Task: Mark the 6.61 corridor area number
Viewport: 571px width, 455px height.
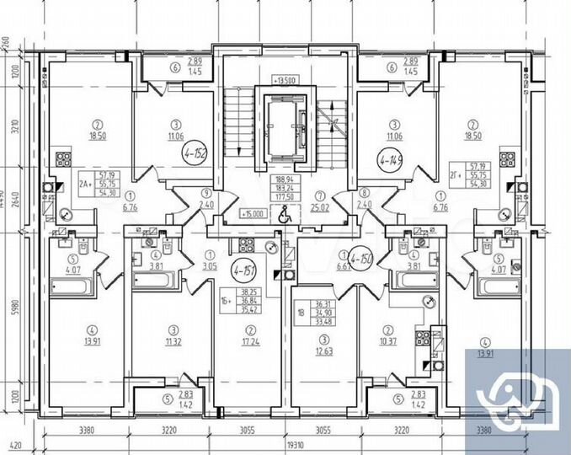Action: coord(342,265)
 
